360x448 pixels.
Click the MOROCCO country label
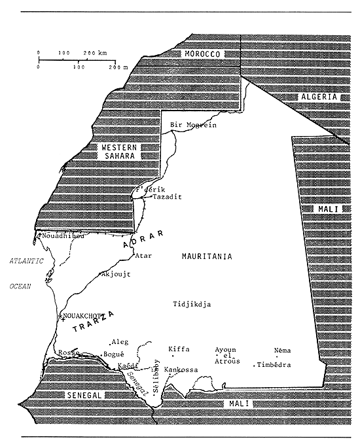coord(202,54)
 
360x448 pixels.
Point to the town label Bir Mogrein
coord(193,125)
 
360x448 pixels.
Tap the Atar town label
coord(143,256)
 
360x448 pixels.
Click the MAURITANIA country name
coord(207,257)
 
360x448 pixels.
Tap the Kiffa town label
coord(179,349)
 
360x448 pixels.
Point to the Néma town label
coord(283,351)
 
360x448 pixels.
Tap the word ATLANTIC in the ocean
coord(26,261)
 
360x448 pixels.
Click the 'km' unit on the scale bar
coord(102,52)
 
